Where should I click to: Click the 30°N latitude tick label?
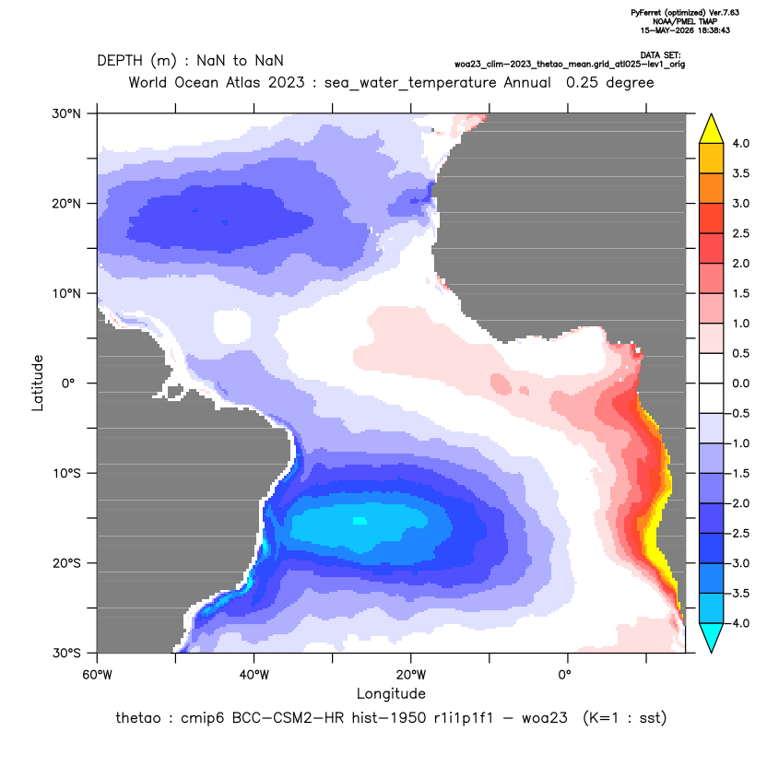point(66,114)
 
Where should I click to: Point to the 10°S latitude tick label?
point(66,474)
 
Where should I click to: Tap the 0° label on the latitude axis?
point(68,383)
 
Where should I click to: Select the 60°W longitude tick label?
point(98,675)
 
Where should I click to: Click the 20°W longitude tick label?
point(411,675)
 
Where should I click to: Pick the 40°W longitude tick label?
point(254,675)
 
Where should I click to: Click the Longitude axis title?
point(391,693)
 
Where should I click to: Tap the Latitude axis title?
point(38,383)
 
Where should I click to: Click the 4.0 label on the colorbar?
point(740,143)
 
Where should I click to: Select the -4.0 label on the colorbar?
point(738,623)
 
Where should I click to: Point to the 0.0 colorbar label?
point(740,383)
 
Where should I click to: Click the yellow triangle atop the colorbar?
point(712,129)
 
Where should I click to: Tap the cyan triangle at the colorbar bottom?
point(712,637)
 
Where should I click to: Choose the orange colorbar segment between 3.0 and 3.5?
point(712,188)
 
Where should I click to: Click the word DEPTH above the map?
point(119,61)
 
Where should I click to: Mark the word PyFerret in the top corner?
point(646,13)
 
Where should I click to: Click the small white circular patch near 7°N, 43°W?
point(232,325)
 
